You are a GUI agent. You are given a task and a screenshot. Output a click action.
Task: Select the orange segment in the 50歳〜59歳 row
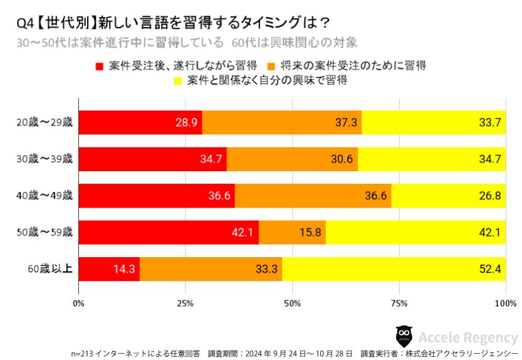click(x=292, y=233)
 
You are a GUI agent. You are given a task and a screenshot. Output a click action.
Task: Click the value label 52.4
click(x=489, y=270)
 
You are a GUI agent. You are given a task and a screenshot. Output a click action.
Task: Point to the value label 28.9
click(x=187, y=123)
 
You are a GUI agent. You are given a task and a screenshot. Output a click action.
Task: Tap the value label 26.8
click(x=489, y=196)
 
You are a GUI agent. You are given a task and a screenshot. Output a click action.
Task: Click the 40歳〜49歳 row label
click(x=45, y=196)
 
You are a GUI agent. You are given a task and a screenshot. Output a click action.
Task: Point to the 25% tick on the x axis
click(x=185, y=304)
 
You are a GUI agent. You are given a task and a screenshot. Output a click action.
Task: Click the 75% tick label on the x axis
click(x=399, y=304)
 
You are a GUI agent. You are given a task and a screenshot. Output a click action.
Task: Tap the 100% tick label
click(x=504, y=304)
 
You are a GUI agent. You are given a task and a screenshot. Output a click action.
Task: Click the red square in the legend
click(x=99, y=66)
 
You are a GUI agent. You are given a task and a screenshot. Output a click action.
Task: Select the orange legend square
click(x=271, y=66)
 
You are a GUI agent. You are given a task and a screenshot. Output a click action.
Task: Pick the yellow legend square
click(x=178, y=82)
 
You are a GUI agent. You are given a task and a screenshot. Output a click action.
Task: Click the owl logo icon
click(x=404, y=336)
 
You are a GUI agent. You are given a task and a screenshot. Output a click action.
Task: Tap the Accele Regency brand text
click(x=468, y=337)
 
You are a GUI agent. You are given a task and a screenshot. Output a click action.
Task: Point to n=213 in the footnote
click(x=83, y=352)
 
